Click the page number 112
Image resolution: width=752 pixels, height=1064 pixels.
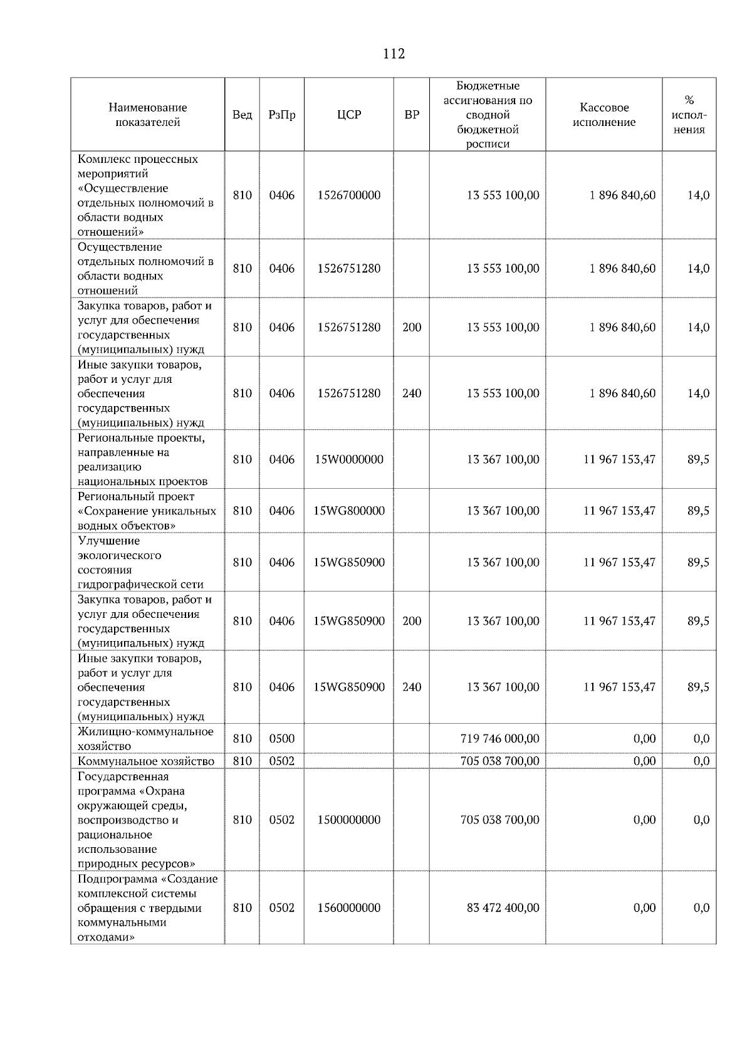pyautogui.click(x=394, y=54)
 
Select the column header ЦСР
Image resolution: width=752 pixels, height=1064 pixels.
pyautogui.click(x=349, y=115)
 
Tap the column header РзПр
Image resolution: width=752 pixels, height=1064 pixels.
pyautogui.click(x=281, y=115)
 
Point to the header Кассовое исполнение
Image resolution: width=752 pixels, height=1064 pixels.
pyautogui.click(x=603, y=115)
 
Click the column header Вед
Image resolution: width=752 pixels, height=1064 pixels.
pyautogui.click(x=242, y=115)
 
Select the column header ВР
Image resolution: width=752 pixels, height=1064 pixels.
pyautogui.click(x=412, y=115)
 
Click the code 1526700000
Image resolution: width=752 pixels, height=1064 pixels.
pyautogui.click(x=349, y=195)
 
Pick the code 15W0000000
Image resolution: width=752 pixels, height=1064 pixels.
pyautogui.click(x=349, y=459)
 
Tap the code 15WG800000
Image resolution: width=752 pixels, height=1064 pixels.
pyautogui.click(x=349, y=511)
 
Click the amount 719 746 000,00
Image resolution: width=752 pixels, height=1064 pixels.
pyautogui.click(x=499, y=739)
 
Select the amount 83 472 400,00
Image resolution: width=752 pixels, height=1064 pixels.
pyautogui.click(x=503, y=908)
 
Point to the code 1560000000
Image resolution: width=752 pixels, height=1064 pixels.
pyautogui.click(x=349, y=908)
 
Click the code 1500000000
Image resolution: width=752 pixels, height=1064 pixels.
pyautogui.click(x=349, y=820)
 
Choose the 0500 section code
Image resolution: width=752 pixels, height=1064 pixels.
pyautogui.click(x=281, y=739)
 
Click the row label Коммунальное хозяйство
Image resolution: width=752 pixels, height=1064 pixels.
pyautogui.click(x=145, y=761)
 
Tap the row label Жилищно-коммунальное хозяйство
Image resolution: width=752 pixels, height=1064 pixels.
pyautogui.click(x=145, y=739)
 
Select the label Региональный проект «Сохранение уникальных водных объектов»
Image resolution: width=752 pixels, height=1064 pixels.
pyautogui.click(x=147, y=511)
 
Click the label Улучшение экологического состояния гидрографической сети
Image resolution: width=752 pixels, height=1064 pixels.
pyautogui.click(x=140, y=563)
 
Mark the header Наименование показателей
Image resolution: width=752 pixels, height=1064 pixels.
pyautogui.click(x=147, y=115)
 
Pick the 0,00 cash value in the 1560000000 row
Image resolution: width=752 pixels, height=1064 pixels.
pyautogui.click(x=644, y=908)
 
